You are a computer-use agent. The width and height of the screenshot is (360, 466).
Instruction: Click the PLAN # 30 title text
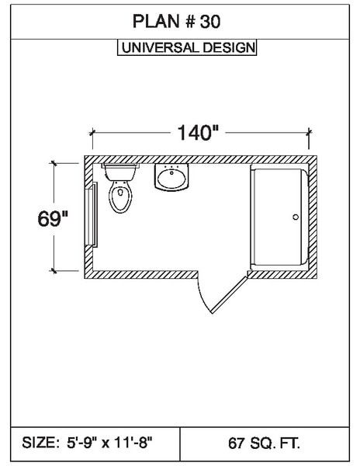tap(176, 22)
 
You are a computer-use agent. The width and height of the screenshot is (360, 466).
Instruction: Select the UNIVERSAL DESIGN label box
tap(187, 47)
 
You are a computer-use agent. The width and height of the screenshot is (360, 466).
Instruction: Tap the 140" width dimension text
tap(198, 133)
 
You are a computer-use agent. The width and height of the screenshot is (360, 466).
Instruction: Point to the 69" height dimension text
tap(53, 219)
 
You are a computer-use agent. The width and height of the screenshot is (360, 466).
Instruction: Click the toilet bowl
tap(120, 196)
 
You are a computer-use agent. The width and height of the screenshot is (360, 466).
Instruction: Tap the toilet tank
tap(120, 172)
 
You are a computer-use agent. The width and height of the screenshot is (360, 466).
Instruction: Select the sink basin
tap(171, 179)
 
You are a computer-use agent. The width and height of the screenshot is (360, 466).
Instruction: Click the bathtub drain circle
tap(296, 217)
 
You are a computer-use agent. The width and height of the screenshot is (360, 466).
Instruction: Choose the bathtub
tap(279, 217)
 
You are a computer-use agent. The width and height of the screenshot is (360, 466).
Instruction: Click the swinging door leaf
tap(230, 295)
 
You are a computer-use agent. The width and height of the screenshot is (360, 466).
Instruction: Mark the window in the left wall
tap(92, 214)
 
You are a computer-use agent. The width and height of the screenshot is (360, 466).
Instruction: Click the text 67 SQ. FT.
tap(264, 443)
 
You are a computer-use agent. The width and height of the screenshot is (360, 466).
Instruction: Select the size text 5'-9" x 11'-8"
tap(109, 443)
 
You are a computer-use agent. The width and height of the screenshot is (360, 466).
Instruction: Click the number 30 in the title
tap(210, 22)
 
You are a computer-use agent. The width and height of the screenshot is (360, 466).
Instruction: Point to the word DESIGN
tap(229, 47)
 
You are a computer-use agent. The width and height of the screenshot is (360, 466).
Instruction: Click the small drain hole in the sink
tap(171, 172)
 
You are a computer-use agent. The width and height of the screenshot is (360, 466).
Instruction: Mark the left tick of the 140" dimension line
tap(92, 132)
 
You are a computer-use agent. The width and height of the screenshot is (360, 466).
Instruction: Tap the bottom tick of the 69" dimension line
tap(54, 270)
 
